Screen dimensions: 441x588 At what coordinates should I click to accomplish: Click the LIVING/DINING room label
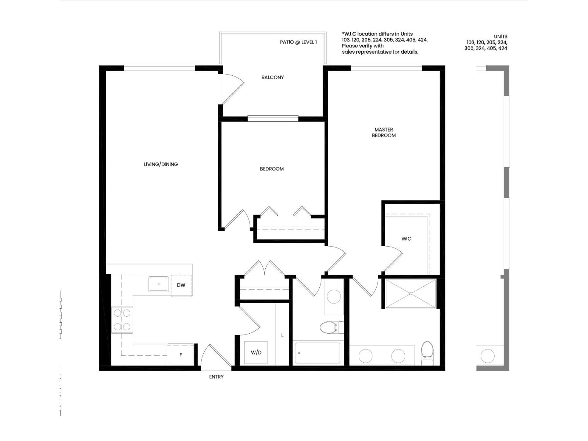161,164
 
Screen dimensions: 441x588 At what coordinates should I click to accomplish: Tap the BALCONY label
272,77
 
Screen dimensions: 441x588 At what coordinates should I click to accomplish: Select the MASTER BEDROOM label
384,132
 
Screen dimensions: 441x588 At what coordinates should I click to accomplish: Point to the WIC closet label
406,239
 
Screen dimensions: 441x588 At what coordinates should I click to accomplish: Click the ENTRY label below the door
216,377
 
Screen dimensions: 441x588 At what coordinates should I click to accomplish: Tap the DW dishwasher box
181,285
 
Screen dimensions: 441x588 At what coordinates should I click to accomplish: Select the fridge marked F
180,355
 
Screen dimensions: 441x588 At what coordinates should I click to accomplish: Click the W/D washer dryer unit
256,353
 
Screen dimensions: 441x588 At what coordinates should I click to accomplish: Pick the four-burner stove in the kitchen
122,320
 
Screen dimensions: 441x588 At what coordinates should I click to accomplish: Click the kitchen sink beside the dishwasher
158,284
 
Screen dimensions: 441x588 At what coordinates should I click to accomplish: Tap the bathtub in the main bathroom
318,353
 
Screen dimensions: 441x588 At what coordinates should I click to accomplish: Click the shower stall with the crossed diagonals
410,293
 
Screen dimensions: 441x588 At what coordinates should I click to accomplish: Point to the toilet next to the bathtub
329,327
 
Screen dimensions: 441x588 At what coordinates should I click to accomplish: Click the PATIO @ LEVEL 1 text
298,42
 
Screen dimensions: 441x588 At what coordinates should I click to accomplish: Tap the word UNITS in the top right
501,36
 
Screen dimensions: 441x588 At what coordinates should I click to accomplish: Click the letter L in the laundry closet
282,335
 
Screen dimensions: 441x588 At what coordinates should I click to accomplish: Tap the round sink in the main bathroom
334,297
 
